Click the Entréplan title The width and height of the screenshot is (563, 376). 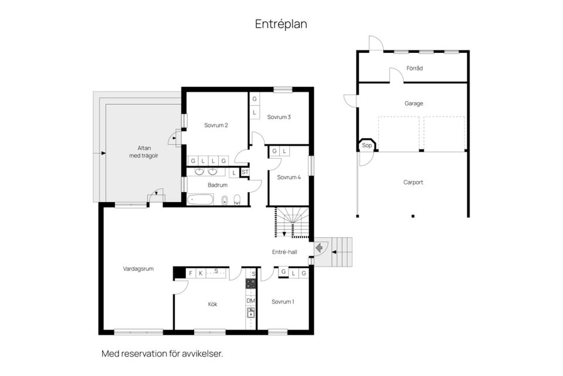(281, 24)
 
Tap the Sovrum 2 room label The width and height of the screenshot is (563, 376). (216, 125)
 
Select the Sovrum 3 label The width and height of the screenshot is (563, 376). (279, 117)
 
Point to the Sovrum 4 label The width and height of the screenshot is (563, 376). (289, 177)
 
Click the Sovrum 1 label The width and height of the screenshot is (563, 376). (283, 301)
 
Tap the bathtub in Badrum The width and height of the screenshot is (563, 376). (201, 199)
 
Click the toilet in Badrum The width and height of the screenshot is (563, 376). (237, 199)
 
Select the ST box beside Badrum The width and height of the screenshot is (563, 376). (245, 172)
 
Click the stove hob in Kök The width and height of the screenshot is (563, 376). (250, 283)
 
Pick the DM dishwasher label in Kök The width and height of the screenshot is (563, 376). (250, 301)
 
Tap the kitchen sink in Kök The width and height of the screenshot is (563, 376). (250, 313)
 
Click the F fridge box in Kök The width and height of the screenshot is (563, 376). (191, 273)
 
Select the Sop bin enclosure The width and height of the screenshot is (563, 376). (367, 145)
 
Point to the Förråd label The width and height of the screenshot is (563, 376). (415, 68)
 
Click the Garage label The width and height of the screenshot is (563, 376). (413, 103)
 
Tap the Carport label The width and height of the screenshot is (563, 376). (413, 182)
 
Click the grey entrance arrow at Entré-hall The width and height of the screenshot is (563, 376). (319, 247)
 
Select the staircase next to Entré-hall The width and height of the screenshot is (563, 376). (291, 222)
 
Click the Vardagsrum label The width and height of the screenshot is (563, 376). (138, 268)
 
